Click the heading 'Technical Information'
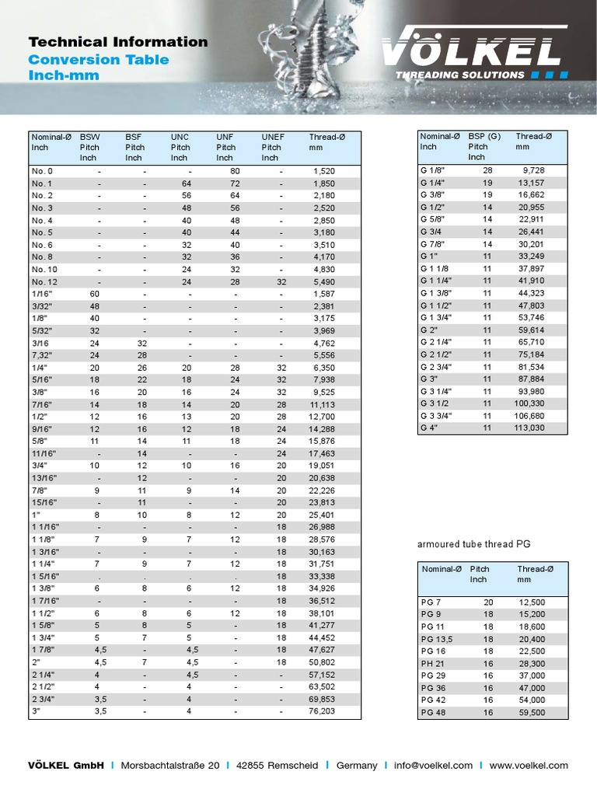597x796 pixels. coord(117,42)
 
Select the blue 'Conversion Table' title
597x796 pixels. coord(98,60)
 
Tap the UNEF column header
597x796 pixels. coord(273,137)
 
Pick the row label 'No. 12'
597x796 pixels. coord(44,282)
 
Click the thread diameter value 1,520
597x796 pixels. coord(323,171)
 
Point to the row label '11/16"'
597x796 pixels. coord(45,453)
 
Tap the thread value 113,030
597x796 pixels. coord(529,427)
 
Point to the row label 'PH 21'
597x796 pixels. coord(434,663)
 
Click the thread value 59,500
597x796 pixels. coord(532,712)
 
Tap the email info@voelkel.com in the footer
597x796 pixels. coord(433,765)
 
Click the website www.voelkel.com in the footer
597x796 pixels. coord(529,765)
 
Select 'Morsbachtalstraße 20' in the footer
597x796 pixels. coord(170,765)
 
